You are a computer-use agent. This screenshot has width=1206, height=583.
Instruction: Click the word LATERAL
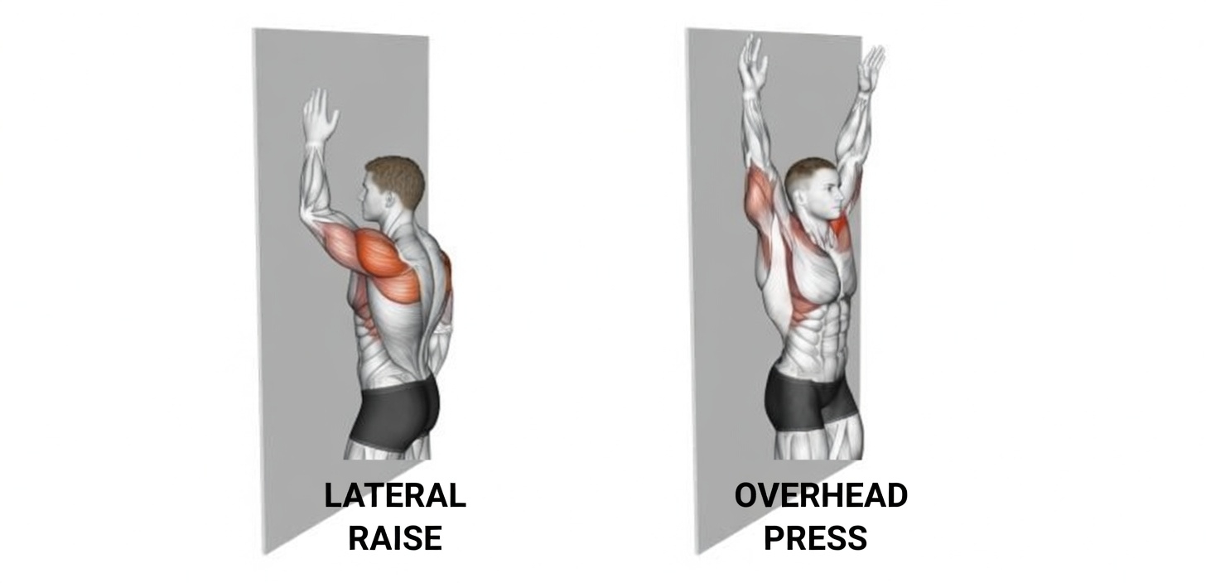pos(394,496)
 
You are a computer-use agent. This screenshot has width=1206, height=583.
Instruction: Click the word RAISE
pos(394,538)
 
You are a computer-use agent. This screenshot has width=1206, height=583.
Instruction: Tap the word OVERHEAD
pos(821,496)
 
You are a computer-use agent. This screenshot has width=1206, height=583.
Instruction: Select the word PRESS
pos(815,538)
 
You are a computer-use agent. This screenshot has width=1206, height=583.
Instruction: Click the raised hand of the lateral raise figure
pos(319,116)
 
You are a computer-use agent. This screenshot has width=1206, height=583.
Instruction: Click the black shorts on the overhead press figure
pos(808,402)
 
